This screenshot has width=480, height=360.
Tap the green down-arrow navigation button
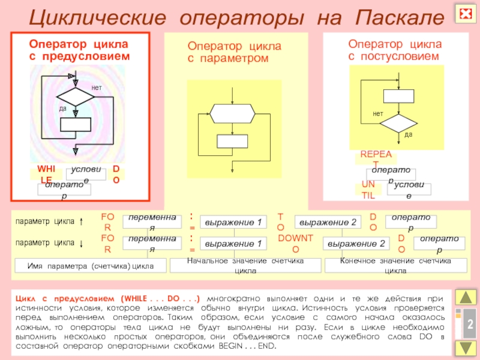[x=466, y=348]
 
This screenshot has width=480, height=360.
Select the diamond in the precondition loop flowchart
[x=76, y=97]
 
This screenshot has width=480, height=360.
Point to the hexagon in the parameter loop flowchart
[x=232, y=112]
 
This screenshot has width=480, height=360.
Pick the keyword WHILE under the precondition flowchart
[x=46, y=173]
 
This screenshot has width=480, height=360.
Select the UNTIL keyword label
[x=368, y=189]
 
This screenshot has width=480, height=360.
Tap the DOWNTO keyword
[x=296, y=243]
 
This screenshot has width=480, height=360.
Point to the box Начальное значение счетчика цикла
[x=245, y=265]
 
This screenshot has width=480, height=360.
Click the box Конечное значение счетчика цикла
[x=395, y=265]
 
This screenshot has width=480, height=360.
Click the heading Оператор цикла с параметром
[x=234, y=52]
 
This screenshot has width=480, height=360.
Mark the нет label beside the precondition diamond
[x=97, y=88]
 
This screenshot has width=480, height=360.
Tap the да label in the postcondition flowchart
[x=409, y=134]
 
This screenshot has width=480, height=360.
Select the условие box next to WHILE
[x=86, y=174]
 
